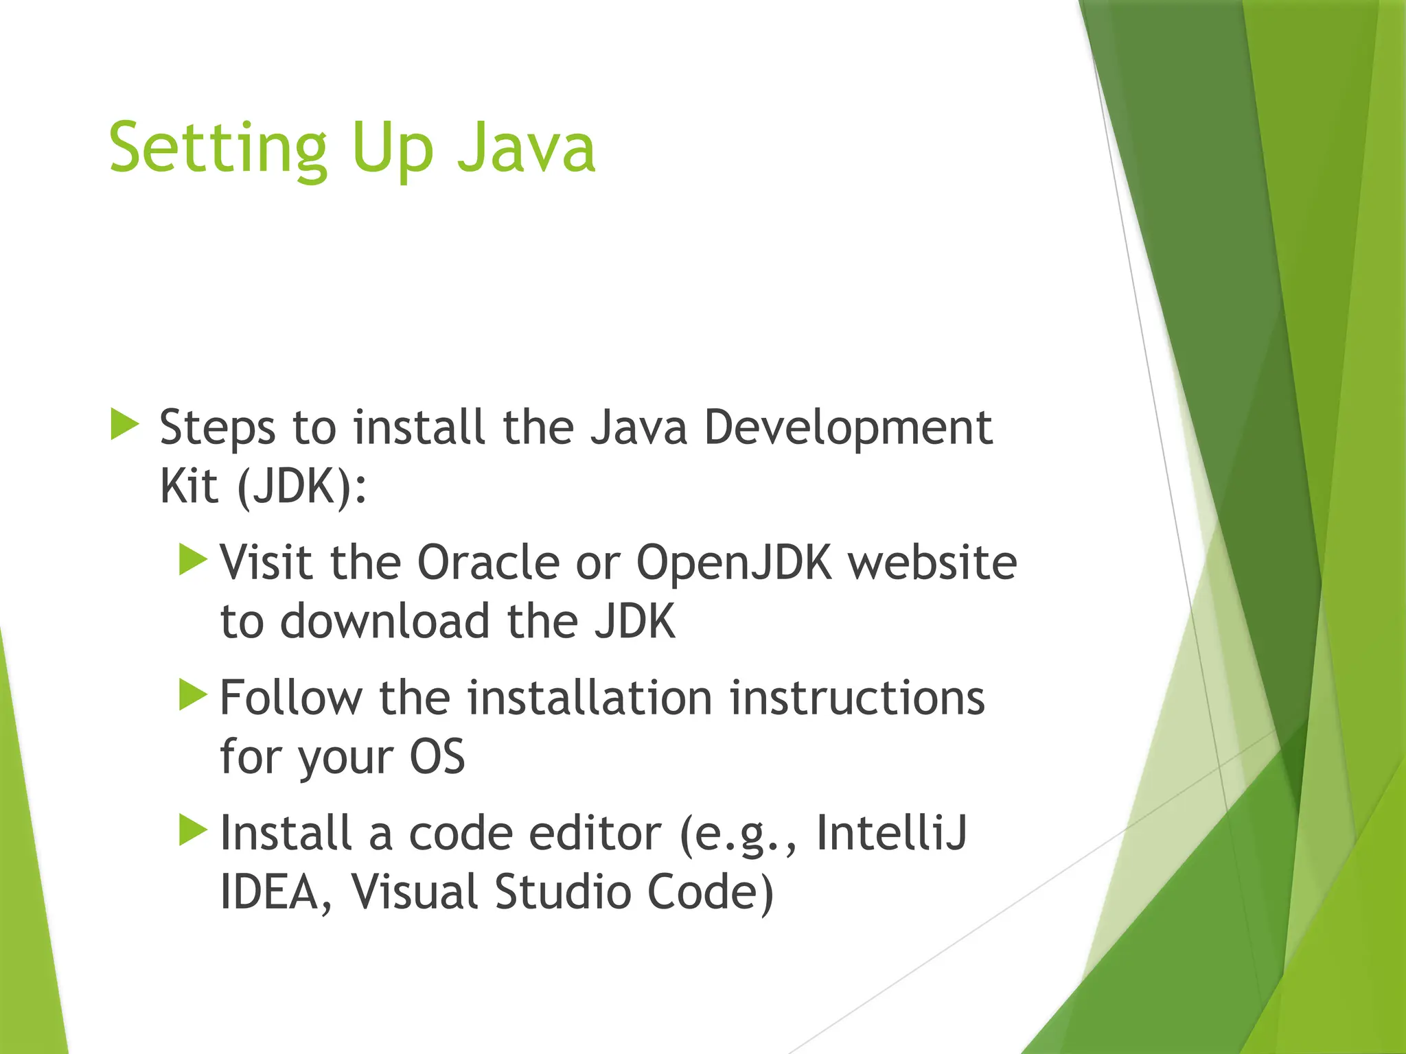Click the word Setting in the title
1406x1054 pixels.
click(x=218, y=148)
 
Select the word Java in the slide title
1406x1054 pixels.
click(x=526, y=148)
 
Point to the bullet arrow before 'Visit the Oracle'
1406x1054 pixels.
click(x=193, y=559)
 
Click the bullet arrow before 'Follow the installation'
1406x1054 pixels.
click(x=193, y=694)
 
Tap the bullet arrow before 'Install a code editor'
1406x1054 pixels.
click(x=193, y=830)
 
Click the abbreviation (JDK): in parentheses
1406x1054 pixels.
click(x=301, y=487)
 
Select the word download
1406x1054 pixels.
click(x=384, y=622)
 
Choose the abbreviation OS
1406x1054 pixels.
click(x=437, y=757)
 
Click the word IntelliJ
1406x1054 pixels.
click(x=891, y=833)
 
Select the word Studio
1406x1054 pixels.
click(x=562, y=892)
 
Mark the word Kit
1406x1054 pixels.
click(x=189, y=487)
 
